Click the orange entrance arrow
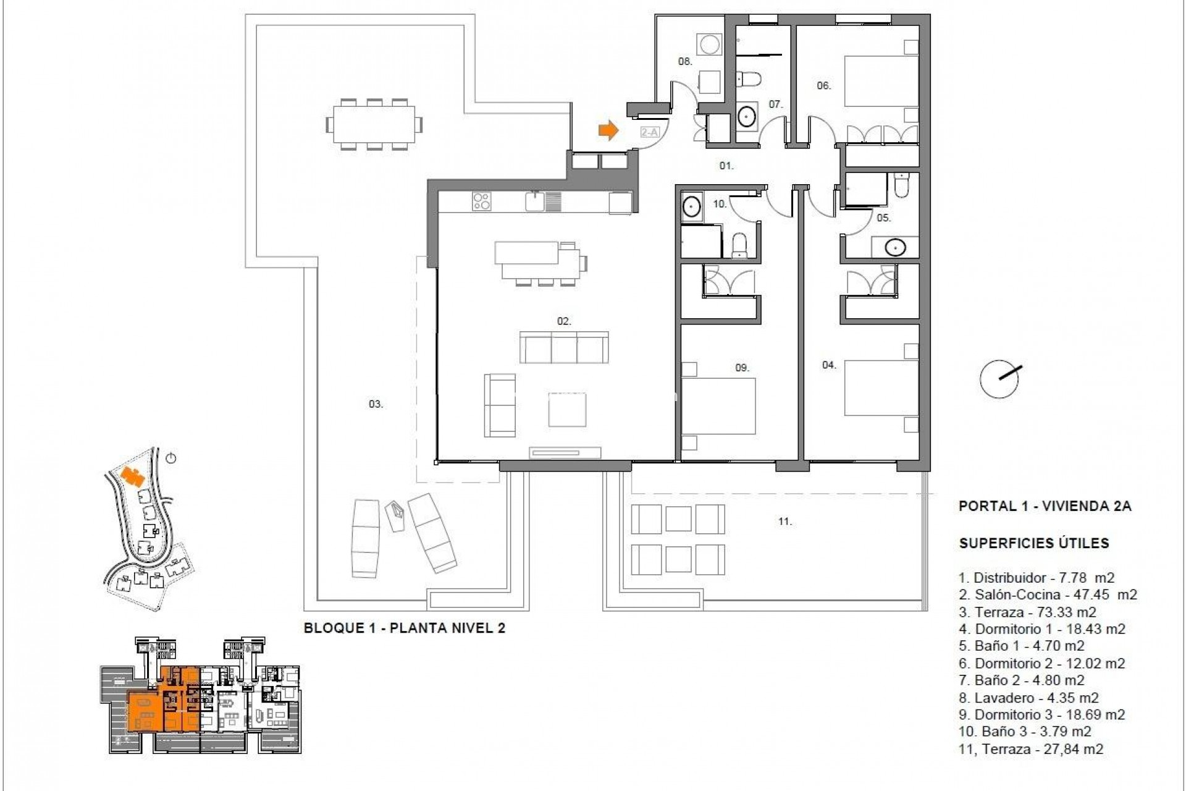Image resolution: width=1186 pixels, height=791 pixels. (608, 130)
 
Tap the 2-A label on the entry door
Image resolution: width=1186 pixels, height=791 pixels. (649, 132)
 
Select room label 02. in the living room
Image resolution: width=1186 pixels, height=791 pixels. (564, 321)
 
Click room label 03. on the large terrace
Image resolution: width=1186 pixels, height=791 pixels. (376, 404)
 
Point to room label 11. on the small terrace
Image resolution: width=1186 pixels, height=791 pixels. (784, 522)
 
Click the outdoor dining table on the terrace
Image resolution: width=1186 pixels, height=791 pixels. (374, 125)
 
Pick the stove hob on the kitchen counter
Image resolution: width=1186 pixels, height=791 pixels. (482, 201)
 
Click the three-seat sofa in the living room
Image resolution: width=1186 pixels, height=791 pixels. (563, 347)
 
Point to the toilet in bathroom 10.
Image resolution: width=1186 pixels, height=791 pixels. (739, 245)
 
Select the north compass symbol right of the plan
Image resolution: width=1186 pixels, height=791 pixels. (999, 379)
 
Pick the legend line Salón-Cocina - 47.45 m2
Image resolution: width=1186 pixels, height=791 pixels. (1048, 594)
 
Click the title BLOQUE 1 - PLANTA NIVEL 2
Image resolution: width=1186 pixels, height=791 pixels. (405, 628)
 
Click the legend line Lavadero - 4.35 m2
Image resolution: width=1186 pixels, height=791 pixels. (1028, 698)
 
